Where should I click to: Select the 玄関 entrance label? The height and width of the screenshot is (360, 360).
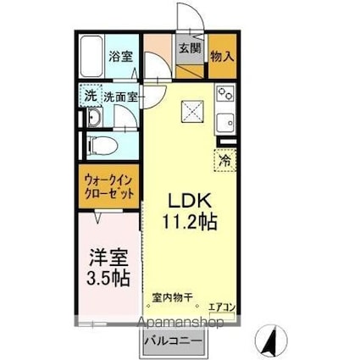[189, 48]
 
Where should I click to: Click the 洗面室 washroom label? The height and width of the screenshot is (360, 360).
[119, 97]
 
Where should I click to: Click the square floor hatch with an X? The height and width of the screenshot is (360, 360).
[192, 108]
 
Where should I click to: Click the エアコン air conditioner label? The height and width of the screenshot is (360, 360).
[222, 307]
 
